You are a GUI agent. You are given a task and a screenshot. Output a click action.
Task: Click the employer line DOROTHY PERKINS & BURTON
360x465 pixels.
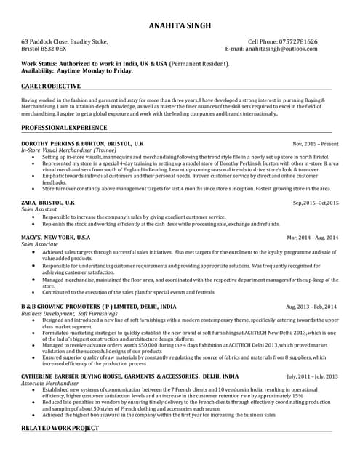point(83,144)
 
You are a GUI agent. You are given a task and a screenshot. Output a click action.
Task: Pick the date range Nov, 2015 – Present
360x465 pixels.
point(316,145)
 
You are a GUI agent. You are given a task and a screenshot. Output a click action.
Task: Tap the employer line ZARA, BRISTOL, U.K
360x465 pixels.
point(48,202)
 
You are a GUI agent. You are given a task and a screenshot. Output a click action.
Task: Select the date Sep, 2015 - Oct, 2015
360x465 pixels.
point(316,203)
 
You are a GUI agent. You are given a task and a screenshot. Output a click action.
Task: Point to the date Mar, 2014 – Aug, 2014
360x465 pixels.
point(313,238)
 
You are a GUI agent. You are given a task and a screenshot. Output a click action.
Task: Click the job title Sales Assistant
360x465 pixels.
point(42,209)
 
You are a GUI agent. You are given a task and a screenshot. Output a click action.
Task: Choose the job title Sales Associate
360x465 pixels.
point(42,245)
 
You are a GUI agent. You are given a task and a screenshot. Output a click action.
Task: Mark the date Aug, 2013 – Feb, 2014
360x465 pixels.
point(312,308)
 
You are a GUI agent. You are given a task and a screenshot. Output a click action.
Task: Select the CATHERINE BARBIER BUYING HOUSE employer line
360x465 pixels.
point(129,376)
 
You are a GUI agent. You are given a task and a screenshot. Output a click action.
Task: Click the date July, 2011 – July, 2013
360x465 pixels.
point(313,377)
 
